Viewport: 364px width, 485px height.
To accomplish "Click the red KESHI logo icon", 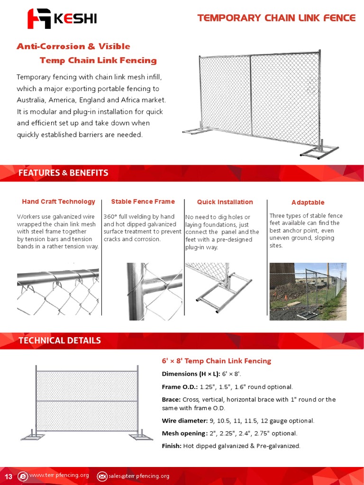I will point(38,19).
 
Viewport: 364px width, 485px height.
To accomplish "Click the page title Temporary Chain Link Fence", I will point(276,18).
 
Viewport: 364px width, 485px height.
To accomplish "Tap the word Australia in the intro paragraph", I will point(31,100).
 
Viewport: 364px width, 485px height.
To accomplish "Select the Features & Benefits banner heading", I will point(63,173).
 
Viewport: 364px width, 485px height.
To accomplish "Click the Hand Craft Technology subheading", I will point(58,202).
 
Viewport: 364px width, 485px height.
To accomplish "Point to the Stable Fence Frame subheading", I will point(143,202).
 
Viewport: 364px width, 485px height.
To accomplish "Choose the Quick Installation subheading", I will point(225,202).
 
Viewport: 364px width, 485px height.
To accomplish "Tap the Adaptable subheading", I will point(308,203).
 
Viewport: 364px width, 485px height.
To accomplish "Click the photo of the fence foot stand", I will point(224,289).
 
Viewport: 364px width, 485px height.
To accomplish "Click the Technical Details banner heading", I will point(60,340).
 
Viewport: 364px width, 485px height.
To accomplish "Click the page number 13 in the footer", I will point(8,476).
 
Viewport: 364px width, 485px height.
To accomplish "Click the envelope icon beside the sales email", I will point(102,476).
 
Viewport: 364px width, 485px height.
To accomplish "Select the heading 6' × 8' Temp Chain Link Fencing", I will point(216,361).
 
